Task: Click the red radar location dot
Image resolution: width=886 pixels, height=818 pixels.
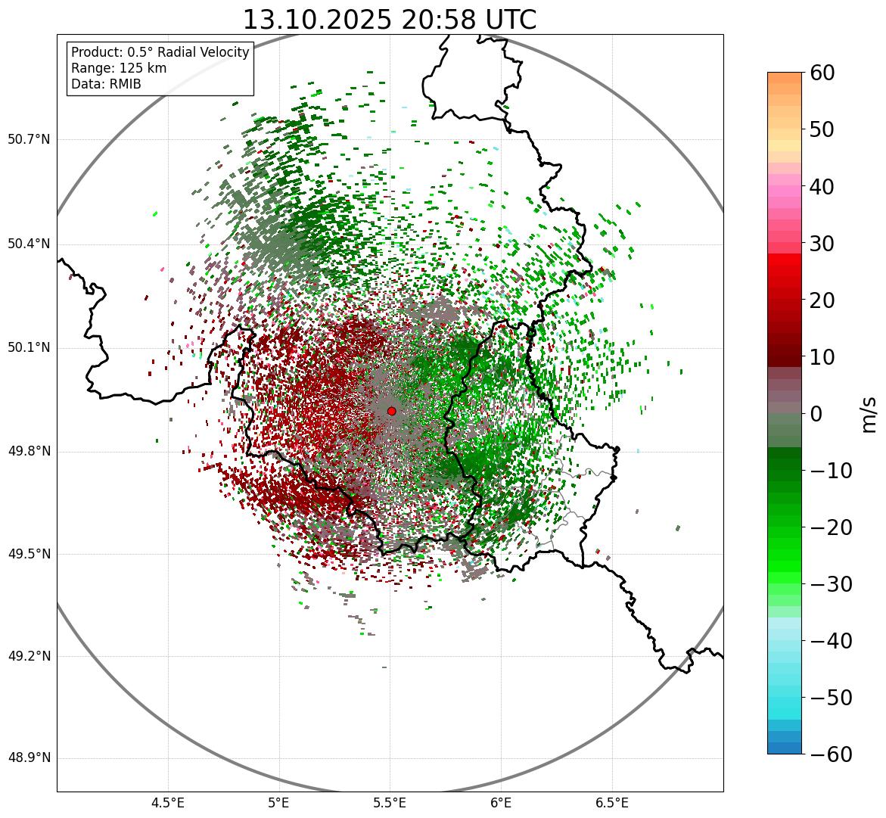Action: pyautogui.click(x=391, y=411)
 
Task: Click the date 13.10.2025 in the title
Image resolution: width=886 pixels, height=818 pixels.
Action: pyautogui.click(x=317, y=20)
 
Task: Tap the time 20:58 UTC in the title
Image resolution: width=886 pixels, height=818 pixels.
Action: pyautogui.click(x=468, y=20)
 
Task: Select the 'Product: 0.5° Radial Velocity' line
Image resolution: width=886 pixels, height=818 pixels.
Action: pyautogui.click(x=160, y=52)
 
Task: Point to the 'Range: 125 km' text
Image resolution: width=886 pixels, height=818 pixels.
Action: pyautogui.click(x=119, y=68)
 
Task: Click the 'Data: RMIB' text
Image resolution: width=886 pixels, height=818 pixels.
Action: pyautogui.click(x=106, y=84)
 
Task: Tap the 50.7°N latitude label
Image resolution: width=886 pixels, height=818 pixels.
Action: pyautogui.click(x=29, y=140)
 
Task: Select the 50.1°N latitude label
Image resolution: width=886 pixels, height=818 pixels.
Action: pyautogui.click(x=29, y=348)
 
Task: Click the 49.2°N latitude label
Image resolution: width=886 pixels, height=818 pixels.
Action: pyautogui.click(x=29, y=656)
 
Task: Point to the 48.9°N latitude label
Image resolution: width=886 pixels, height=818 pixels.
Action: pyautogui.click(x=29, y=758)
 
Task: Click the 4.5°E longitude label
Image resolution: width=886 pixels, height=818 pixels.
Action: pyautogui.click(x=168, y=804)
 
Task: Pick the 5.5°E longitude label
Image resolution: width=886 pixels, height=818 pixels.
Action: pyautogui.click(x=390, y=804)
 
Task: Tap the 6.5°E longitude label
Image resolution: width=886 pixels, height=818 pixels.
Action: pyautogui.click(x=612, y=804)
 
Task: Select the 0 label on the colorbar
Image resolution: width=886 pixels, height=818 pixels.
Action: pyautogui.click(x=816, y=414)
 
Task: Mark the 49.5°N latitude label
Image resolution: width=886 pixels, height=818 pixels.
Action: pyautogui.click(x=29, y=554)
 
